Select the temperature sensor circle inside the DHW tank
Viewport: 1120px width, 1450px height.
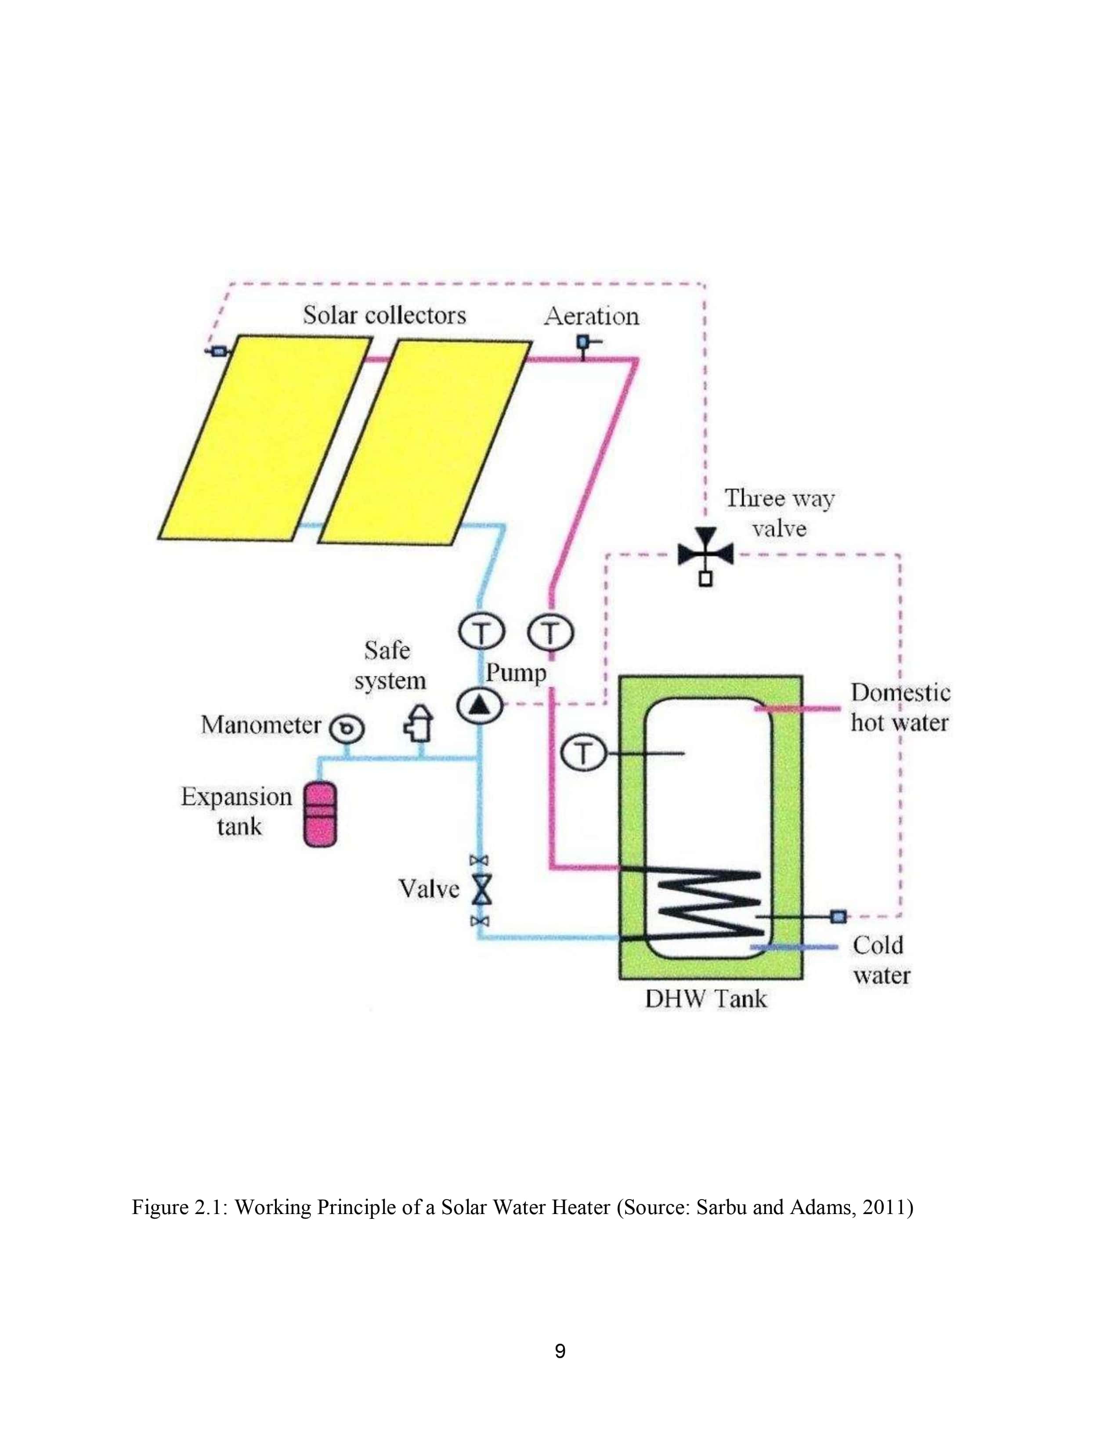coord(583,754)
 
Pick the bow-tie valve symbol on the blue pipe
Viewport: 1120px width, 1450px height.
coord(481,890)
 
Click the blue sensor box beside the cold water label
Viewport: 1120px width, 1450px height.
coord(838,917)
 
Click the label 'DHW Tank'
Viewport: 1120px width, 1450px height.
coord(705,999)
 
